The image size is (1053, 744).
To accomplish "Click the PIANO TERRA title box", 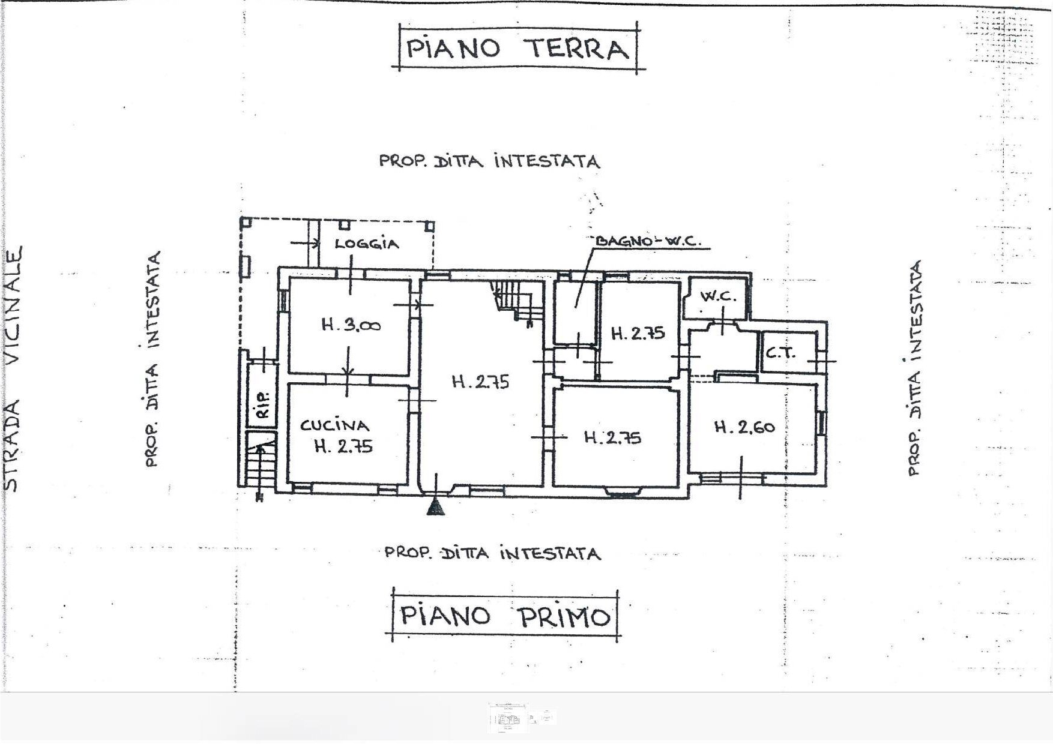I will tap(518, 47).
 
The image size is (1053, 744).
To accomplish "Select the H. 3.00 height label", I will tap(351, 326).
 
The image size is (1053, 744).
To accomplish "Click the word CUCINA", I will tap(334, 425).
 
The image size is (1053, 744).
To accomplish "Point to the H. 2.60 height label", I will tap(744, 427).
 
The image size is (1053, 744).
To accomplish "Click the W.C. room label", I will tap(718, 296).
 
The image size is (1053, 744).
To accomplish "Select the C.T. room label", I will tap(780, 352).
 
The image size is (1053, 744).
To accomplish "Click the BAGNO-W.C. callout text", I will tap(647, 241).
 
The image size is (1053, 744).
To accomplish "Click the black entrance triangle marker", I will tap(436, 508).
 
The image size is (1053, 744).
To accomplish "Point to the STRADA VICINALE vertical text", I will tap(13, 368).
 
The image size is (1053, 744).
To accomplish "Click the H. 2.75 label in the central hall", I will tap(480, 382).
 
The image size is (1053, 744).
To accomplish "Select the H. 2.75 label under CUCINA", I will tap(343, 446).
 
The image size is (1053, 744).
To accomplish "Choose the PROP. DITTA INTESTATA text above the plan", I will tap(489, 161).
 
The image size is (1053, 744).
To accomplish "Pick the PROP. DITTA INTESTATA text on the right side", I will tap(914, 368).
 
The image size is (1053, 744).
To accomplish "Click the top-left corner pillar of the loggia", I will tap(245, 223).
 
